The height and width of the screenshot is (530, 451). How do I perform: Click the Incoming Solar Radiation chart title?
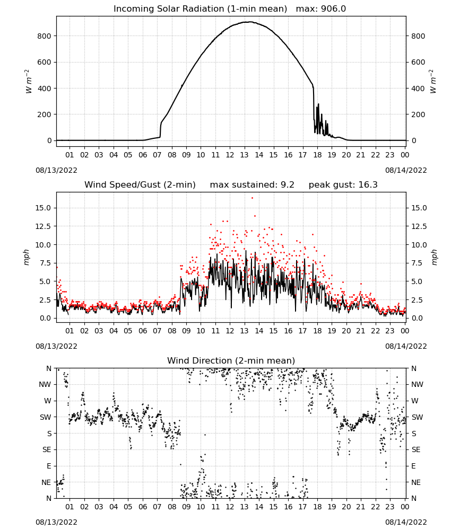[200, 9]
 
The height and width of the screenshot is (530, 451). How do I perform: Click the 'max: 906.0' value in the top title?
[321, 9]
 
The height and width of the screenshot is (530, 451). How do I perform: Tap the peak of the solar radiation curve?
[250, 22]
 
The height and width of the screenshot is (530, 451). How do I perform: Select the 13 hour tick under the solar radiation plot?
[244, 155]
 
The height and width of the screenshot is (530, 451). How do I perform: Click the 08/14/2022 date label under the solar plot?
[406, 170]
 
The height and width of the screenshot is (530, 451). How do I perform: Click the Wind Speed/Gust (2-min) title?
[140, 185]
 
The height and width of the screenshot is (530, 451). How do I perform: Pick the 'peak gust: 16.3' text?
[343, 185]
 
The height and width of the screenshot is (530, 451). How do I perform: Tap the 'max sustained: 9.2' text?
[252, 185]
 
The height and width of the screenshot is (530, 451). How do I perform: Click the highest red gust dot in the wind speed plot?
[252, 198]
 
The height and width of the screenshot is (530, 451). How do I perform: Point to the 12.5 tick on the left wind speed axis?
[43, 226]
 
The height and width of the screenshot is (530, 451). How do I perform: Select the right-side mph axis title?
[435, 257]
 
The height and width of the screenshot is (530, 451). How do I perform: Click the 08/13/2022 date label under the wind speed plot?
[56, 346]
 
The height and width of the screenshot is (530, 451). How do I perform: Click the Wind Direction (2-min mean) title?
[231, 360]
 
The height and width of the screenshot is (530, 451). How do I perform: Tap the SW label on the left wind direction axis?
[46, 417]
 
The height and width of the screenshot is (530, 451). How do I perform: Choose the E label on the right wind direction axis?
[413, 466]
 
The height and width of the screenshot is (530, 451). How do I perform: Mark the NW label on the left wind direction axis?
[45, 385]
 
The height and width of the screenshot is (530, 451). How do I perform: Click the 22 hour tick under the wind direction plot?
[375, 507]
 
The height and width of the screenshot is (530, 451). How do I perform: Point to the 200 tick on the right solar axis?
[418, 114]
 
